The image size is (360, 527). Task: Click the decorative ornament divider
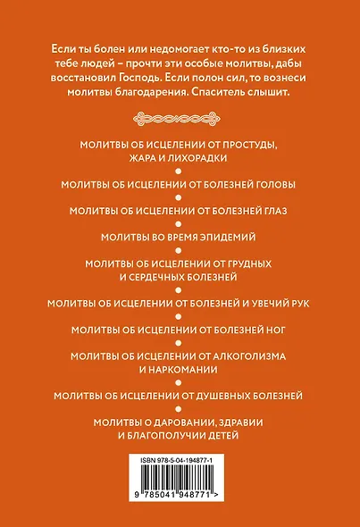(x=180, y=116)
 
